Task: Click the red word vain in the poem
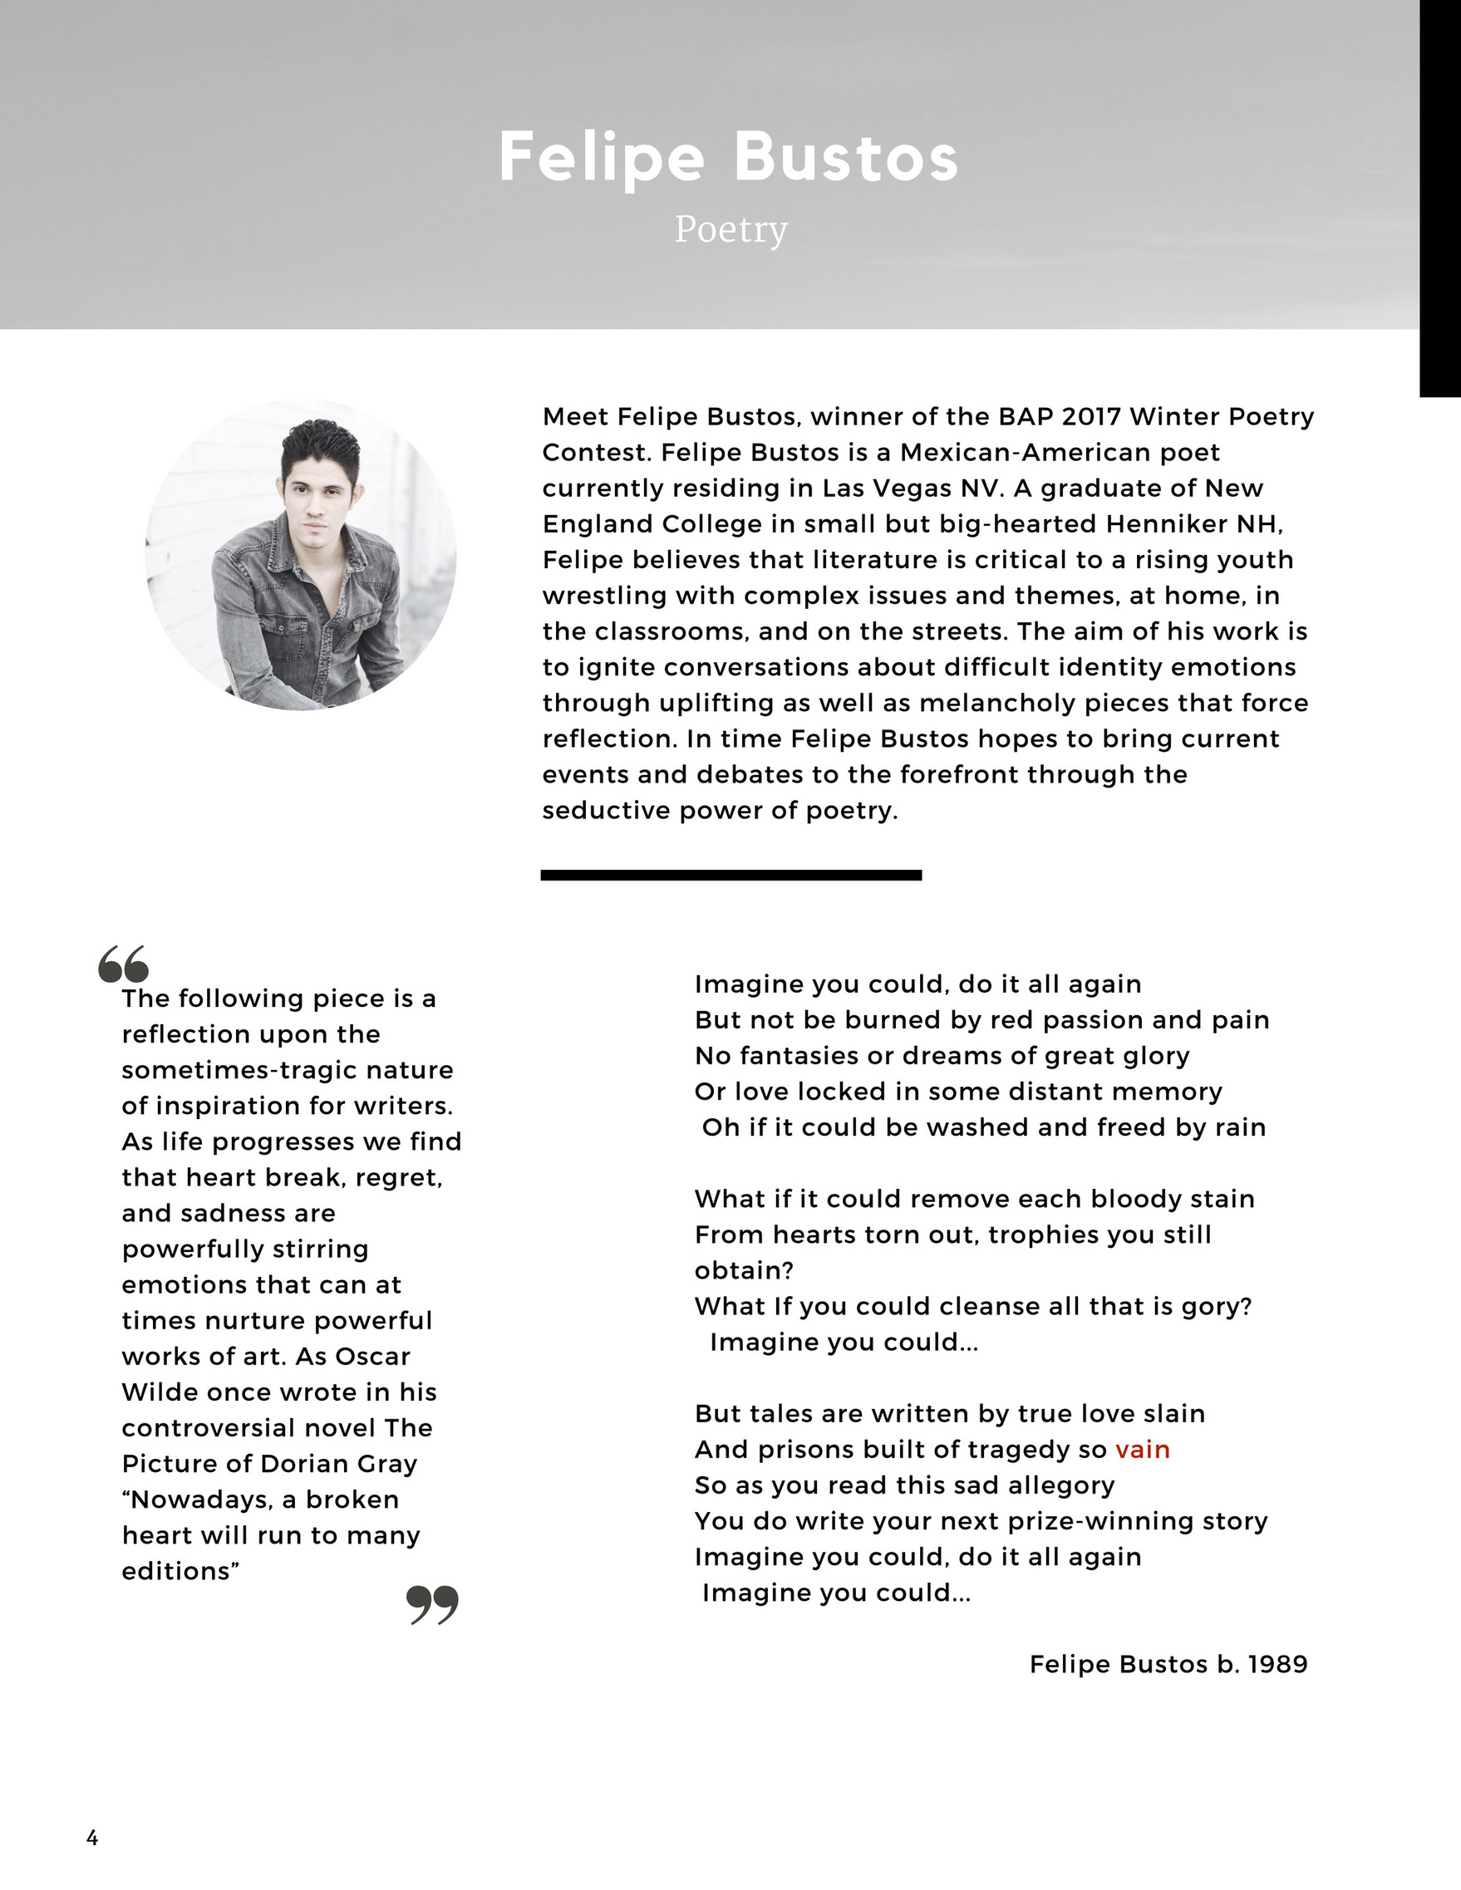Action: click(x=1143, y=1450)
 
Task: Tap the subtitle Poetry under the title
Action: click(x=731, y=229)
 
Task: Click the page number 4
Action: click(x=92, y=1838)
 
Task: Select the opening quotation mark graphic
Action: click(x=123, y=964)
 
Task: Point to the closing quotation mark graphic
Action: click(x=432, y=1605)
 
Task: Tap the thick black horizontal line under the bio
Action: click(x=730, y=875)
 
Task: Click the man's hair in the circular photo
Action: click(x=320, y=442)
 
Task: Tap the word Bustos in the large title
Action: click(x=846, y=158)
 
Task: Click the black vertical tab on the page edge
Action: click(x=1440, y=199)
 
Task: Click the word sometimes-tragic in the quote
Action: click(x=288, y=1071)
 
